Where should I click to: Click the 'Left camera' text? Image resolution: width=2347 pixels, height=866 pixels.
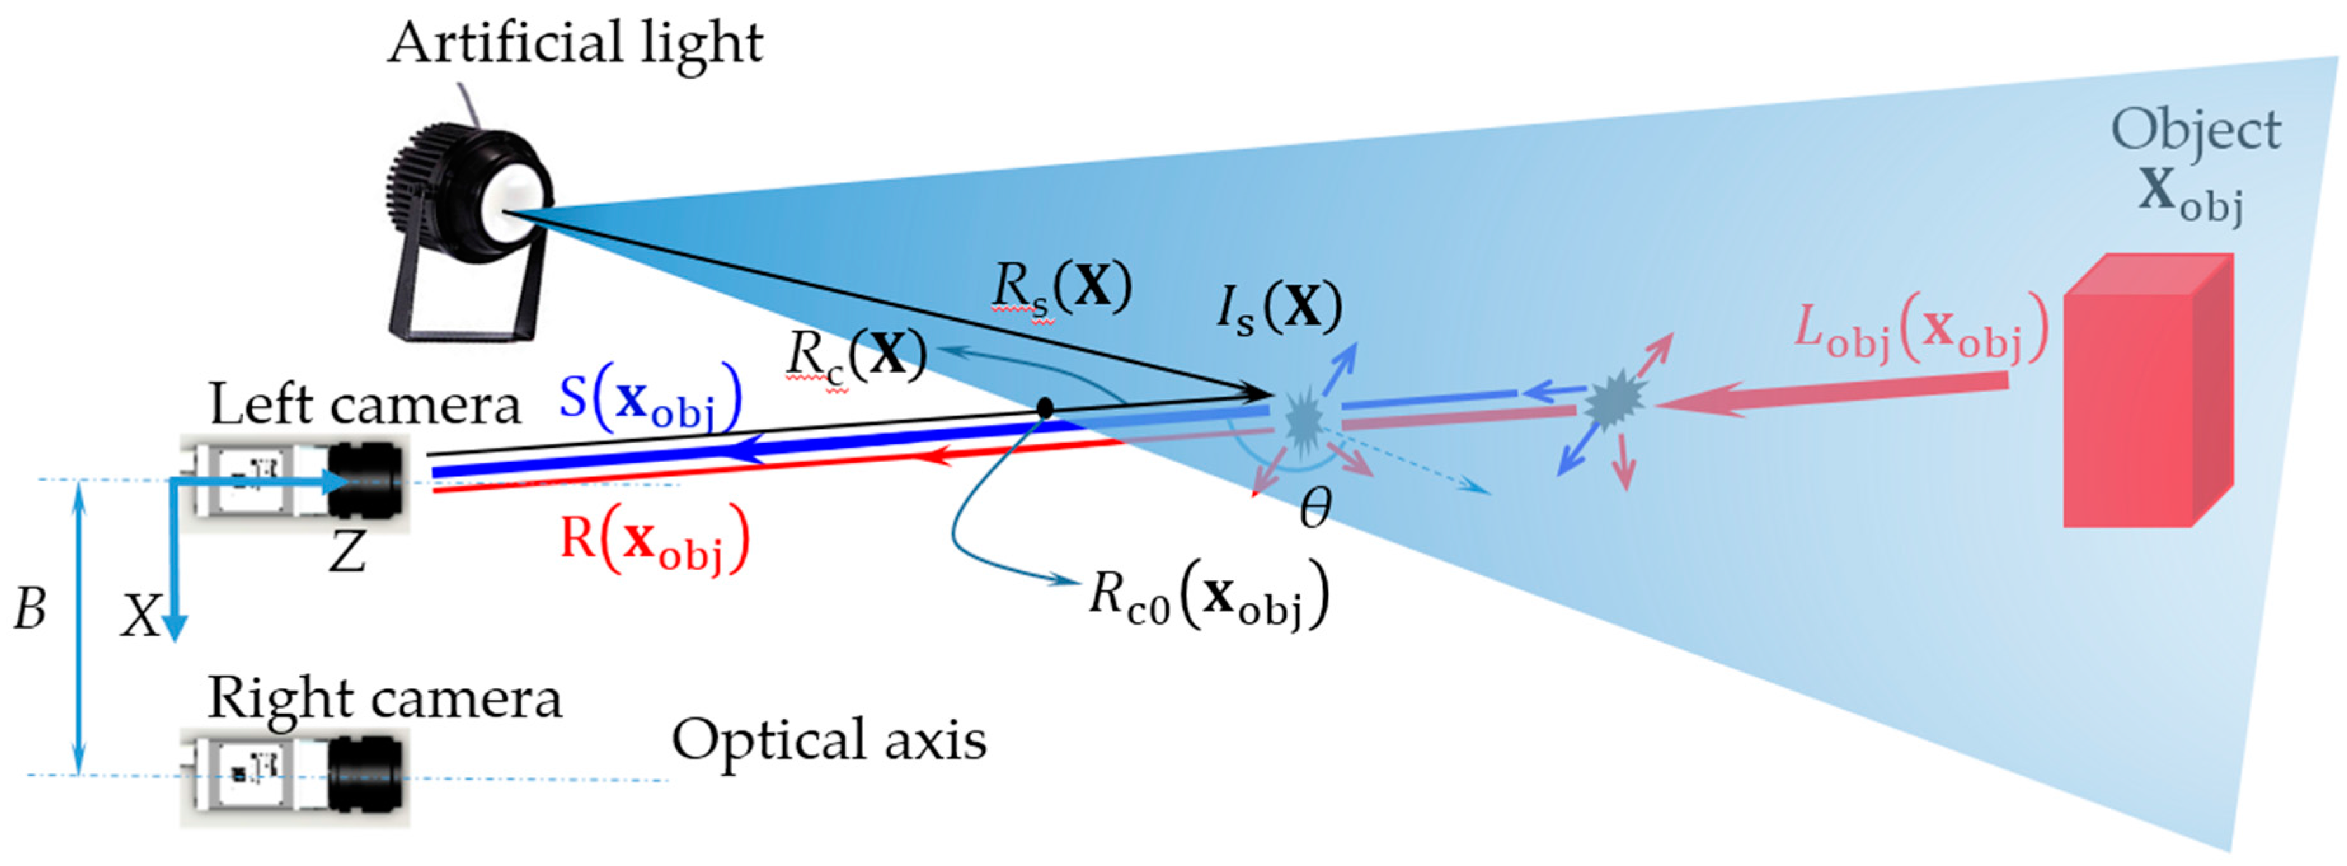[x=365, y=404]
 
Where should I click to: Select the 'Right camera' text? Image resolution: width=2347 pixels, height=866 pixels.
[x=384, y=700]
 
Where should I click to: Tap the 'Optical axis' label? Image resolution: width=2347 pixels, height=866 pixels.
[x=829, y=740]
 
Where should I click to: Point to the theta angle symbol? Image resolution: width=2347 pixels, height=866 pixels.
[x=1315, y=508]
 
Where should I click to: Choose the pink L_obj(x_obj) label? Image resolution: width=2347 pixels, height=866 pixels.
[x=1921, y=331]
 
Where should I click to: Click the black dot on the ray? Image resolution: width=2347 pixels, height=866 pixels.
[x=1045, y=408]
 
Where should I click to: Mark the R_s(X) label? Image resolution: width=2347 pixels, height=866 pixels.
[x=1061, y=290]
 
